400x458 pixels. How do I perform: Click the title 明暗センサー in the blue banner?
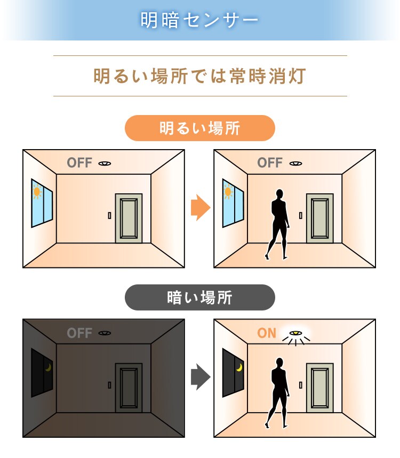click(200, 20)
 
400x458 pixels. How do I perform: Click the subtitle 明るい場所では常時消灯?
click(200, 76)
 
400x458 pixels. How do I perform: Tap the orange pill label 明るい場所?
click(200, 128)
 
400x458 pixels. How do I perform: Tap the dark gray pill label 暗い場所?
click(200, 297)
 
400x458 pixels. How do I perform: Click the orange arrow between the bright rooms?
click(200, 208)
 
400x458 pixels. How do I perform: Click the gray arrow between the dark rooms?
click(200, 377)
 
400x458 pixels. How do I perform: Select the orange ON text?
click(267, 333)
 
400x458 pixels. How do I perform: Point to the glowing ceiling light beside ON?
click(294, 334)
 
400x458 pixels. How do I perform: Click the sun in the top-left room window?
click(37, 192)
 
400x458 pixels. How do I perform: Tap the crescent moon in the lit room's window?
click(239, 367)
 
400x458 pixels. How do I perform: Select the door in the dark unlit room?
click(129, 388)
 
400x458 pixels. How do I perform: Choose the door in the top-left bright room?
click(129, 218)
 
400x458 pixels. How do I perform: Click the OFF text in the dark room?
click(79, 333)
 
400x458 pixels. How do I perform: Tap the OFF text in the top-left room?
click(79, 163)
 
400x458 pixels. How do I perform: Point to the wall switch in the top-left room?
click(109, 215)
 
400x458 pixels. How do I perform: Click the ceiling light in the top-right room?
click(295, 163)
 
